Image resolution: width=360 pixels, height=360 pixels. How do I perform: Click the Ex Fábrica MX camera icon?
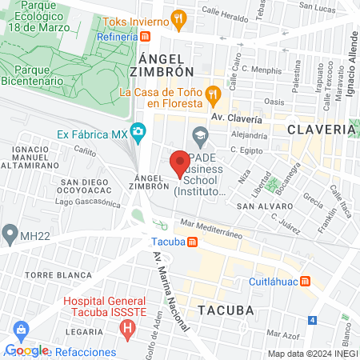point(138,130)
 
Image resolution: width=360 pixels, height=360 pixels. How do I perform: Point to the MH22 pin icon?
point(10,234)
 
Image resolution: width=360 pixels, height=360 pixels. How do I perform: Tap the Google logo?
point(26,350)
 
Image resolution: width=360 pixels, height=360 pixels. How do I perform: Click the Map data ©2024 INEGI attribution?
point(311,354)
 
